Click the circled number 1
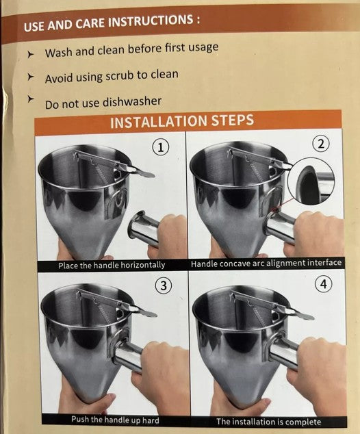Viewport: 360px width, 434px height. pos(160,146)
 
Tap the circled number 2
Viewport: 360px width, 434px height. pos(321,144)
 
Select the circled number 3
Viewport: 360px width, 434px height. pos(164,285)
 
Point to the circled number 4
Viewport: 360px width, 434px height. pos(323,284)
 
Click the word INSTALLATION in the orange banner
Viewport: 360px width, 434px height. pos(159,122)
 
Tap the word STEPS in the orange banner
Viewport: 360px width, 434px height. pos(233,120)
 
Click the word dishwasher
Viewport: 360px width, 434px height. pos(132,102)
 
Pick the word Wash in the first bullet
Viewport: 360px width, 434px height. pos(59,53)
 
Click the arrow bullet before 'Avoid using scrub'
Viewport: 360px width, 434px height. pos(30,77)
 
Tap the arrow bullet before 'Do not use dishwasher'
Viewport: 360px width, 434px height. pos(30,99)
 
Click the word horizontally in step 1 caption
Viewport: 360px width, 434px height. pos(142,265)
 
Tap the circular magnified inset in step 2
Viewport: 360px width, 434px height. pos(311,181)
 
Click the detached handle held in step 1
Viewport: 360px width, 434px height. pos(144,227)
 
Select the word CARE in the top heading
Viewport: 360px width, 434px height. pos(89,24)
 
